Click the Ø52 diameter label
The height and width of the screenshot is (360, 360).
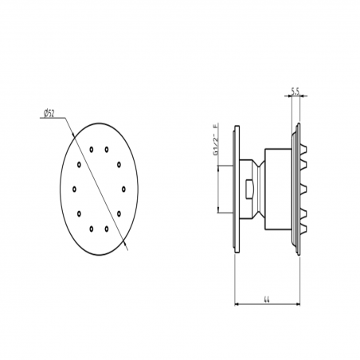point(49,114)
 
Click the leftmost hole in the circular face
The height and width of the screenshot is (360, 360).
point(73,189)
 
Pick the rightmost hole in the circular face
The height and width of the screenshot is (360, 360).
point(123,189)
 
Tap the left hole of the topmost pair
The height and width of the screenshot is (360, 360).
point(92,149)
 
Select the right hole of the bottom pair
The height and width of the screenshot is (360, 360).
point(107,229)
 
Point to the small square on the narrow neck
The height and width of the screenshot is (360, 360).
point(251,189)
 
